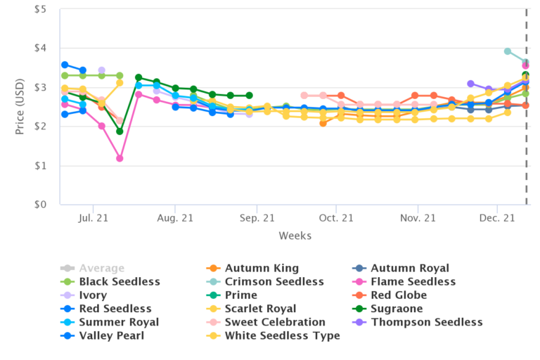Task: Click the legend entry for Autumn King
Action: (262, 269)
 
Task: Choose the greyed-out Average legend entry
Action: (102, 269)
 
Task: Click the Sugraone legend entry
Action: (397, 309)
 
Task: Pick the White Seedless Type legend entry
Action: (282, 335)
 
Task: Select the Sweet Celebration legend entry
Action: (275, 322)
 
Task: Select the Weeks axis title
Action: (295, 236)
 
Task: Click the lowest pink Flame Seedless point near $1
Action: (120, 158)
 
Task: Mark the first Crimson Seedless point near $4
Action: (507, 51)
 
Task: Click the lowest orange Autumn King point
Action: (323, 123)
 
